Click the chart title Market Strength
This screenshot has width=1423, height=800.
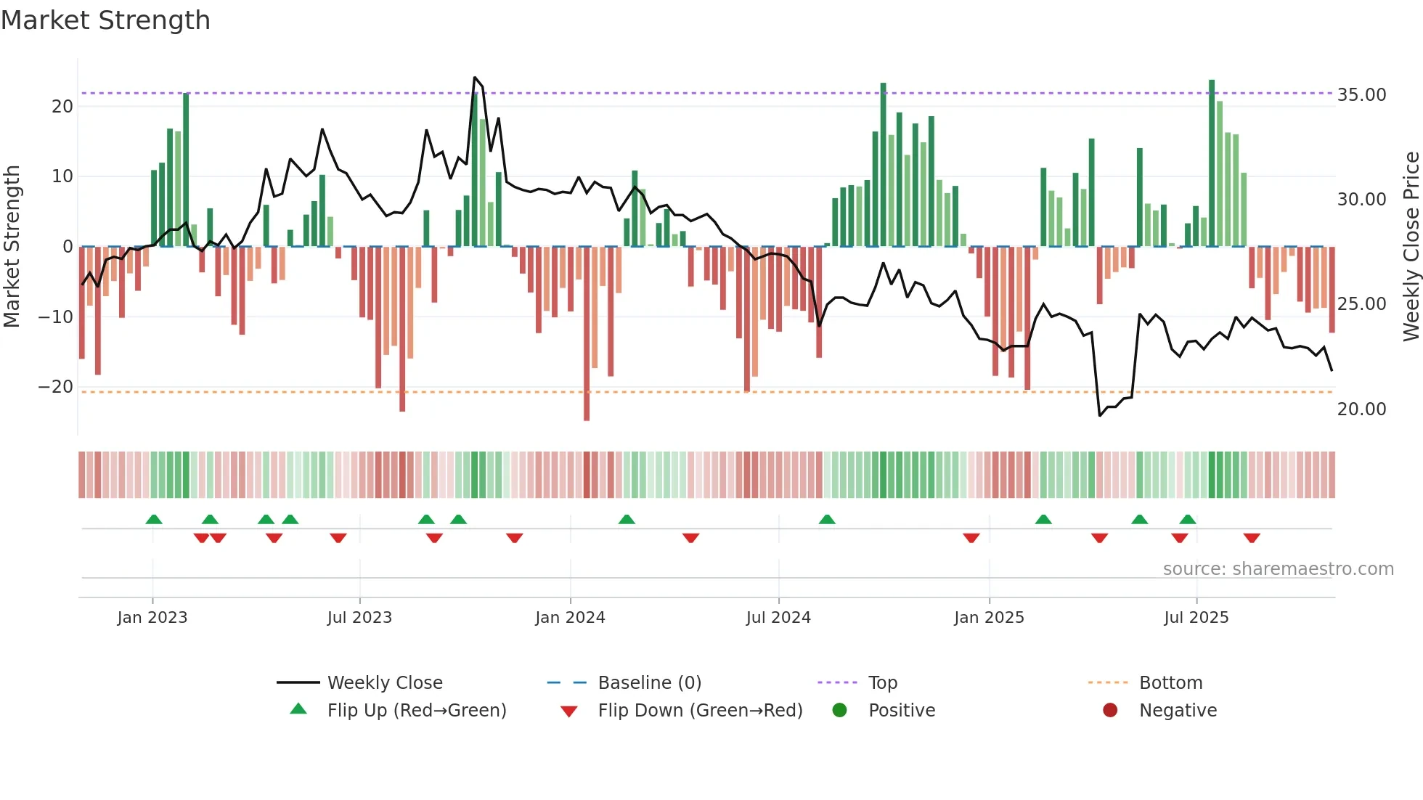105,20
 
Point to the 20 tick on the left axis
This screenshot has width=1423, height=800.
62,107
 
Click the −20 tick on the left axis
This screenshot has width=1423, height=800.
56,387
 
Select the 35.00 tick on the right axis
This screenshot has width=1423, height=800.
1361,95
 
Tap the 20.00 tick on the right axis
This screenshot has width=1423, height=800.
1361,409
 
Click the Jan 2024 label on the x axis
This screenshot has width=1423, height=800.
570,618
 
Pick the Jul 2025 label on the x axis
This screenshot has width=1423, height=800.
1196,618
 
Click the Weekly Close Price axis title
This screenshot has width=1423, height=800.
1411,247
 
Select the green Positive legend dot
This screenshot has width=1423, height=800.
839,711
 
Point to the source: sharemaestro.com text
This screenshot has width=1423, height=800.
1278,569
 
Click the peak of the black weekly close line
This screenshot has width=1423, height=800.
475,78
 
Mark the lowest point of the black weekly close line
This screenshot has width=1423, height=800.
1100,415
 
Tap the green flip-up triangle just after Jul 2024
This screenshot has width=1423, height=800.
827,519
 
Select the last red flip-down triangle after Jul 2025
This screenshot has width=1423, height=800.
1252,538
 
